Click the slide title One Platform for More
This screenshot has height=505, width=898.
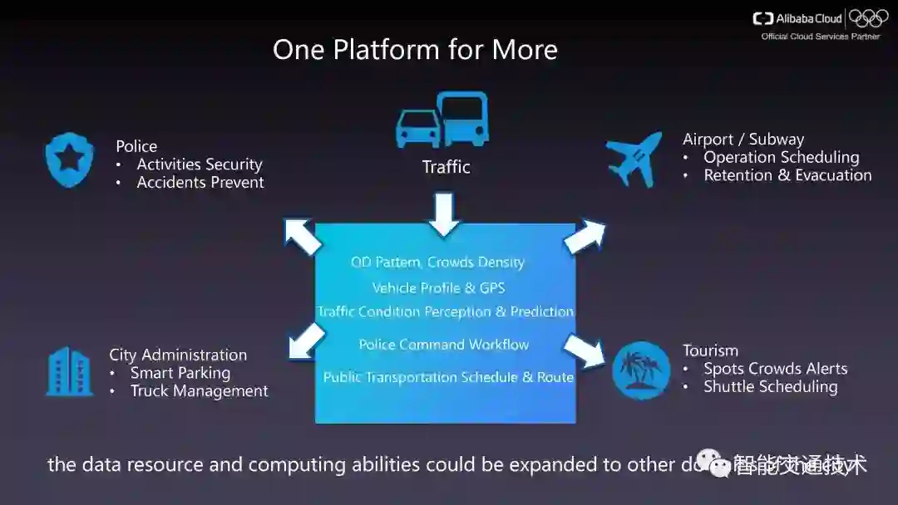click(415, 50)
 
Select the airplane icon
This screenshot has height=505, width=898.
click(634, 158)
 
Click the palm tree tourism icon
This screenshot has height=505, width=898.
click(640, 370)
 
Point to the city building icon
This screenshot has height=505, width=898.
click(69, 370)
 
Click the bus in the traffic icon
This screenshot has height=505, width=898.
click(463, 119)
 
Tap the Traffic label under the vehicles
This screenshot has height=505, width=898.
click(446, 167)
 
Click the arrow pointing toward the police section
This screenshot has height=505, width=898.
click(303, 236)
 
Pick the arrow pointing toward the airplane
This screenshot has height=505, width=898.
click(585, 237)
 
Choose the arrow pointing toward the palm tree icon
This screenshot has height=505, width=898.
click(585, 349)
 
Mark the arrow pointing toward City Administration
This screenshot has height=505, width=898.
click(306, 341)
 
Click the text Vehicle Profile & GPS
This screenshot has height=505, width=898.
click(438, 288)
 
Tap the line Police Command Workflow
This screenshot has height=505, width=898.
click(443, 345)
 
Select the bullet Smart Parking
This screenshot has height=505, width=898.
click(180, 373)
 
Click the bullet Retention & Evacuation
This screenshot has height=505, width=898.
click(787, 175)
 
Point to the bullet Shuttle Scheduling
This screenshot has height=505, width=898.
click(770, 387)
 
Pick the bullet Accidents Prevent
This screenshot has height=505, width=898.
click(200, 183)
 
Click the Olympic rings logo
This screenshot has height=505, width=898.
click(868, 18)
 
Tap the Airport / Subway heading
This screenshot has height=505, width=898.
click(743, 140)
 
